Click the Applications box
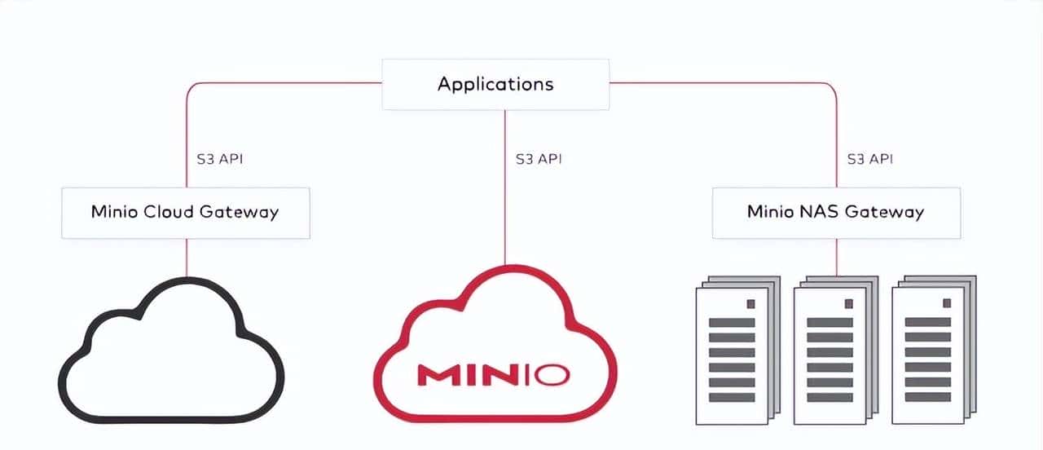click(x=495, y=84)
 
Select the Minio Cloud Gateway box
click(x=185, y=213)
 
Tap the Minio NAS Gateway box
click(x=835, y=213)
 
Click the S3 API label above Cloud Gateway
click(x=220, y=159)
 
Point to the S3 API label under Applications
click(x=539, y=159)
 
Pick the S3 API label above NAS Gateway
click(x=869, y=159)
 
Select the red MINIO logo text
click(x=493, y=374)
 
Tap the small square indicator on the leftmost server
click(x=750, y=303)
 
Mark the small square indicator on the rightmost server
click(x=946, y=303)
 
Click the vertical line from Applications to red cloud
click(x=504, y=187)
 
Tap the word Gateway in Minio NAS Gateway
click(x=884, y=213)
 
